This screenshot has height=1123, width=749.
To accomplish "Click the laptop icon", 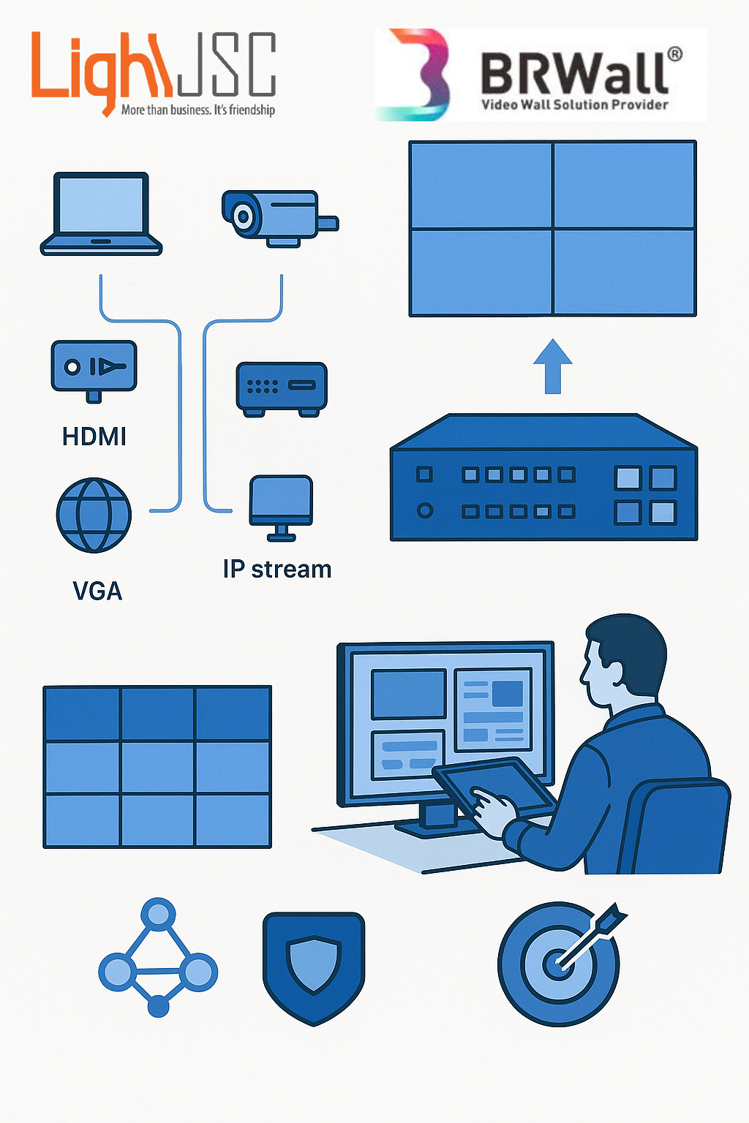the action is click(102, 214).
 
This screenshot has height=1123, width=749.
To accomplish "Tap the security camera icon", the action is click(280, 218).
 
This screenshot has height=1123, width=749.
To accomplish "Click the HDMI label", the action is click(94, 436).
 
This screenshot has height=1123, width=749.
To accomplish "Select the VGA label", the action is click(97, 591).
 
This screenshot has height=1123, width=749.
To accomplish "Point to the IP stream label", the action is click(277, 570).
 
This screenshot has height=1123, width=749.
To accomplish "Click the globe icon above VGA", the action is click(94, 515).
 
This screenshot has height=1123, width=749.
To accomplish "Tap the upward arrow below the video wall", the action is click(553, 366).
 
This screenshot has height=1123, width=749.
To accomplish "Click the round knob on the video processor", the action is click(425, 511).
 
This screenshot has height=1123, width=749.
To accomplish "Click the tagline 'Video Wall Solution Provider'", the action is click(575, 105).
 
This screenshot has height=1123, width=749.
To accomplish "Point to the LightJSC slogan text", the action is click(198, 110).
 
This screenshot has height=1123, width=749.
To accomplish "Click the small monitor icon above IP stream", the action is click(282, 508).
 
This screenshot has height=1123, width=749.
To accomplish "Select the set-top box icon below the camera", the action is click(282, 389).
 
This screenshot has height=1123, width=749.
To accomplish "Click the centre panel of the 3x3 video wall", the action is click(157, 767).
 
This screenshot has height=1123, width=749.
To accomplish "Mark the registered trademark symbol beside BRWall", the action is click(675, 54).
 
